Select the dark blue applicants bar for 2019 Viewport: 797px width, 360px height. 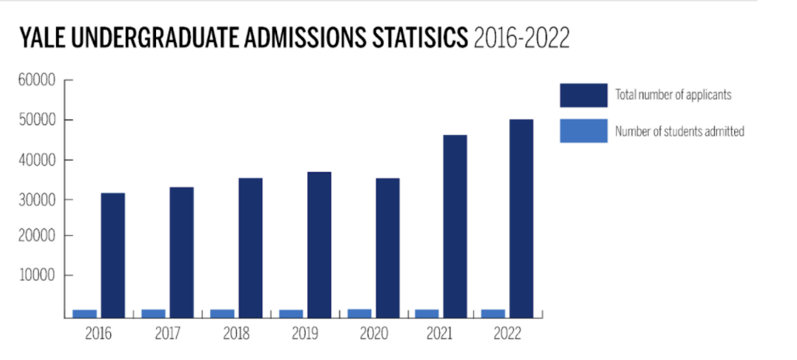pos(319,244)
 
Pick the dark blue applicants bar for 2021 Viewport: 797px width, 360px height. pos(456,226)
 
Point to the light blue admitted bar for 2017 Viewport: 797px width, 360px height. pos(154,313)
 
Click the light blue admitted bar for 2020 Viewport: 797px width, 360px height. pos(359,313)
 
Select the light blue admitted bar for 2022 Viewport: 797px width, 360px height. pos(494,313)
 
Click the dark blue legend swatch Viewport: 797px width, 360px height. pos(583,95)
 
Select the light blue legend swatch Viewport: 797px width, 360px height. pos(583,131)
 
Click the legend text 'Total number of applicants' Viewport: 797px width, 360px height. pos(674,95)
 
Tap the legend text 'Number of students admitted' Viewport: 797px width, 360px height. pos(680,132)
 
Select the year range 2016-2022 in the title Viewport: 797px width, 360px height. pos(522,38)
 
